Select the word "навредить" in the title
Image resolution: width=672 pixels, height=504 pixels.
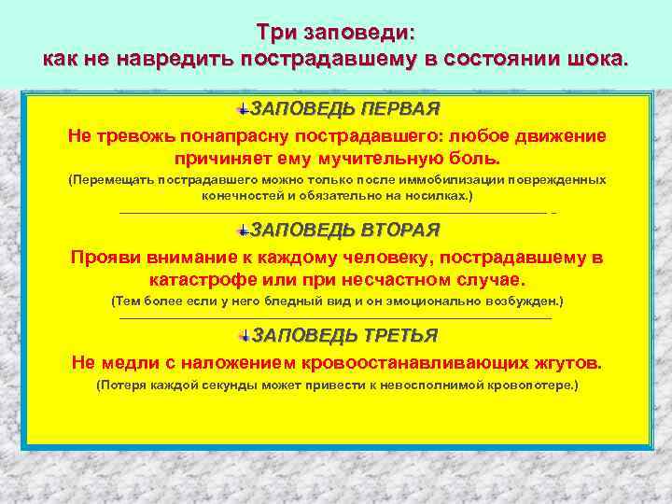tap(189, 58)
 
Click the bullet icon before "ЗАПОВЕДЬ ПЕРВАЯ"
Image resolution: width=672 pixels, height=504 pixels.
tap(243, 108)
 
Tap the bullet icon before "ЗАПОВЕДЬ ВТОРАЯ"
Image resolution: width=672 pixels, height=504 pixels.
tap(243, 231)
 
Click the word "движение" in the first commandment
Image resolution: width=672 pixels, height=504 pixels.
tap(562, 135)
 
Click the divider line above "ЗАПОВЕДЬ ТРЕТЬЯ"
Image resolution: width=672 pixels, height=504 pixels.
tap(336, 319)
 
